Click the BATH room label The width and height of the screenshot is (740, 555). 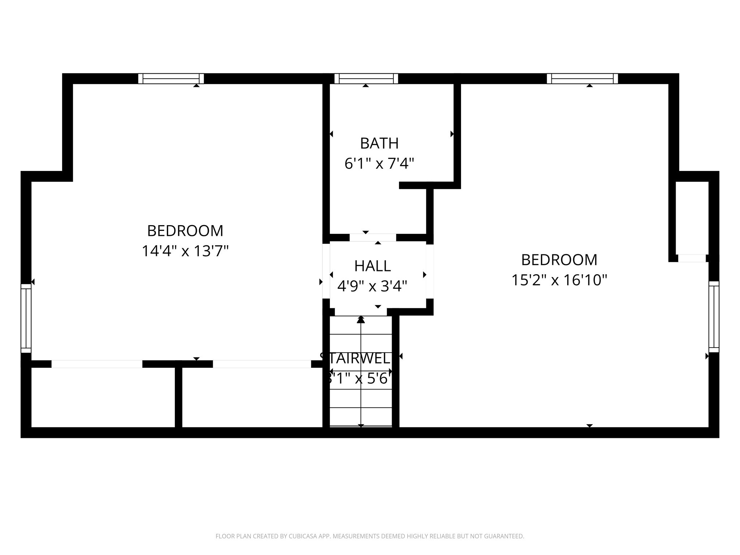[379, 143]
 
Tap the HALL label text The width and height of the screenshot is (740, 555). [372, 266]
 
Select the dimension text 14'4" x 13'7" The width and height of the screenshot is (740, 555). [185, 251]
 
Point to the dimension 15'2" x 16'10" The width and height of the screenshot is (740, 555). [559, 280]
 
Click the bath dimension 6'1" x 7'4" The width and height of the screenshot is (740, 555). [379, 164]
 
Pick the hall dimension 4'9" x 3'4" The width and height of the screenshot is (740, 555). [372, 286]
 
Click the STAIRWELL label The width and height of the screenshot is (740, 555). [356, 358]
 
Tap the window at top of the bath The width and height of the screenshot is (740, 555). [366, 78]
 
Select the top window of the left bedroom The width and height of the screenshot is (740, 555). [171, 78]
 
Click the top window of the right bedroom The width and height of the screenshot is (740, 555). [582, 78]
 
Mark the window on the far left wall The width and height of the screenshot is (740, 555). [26, 318]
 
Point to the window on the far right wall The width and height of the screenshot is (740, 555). [714, 317]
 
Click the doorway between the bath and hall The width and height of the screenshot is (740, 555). [373, 237]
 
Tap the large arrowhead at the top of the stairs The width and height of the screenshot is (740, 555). [361, 319]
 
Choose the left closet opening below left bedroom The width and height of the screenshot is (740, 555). [97, 364]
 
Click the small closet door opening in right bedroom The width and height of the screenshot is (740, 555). [692, 258]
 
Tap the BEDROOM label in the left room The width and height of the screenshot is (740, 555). [185, 231]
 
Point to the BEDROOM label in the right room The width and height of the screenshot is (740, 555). [559, 260]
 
